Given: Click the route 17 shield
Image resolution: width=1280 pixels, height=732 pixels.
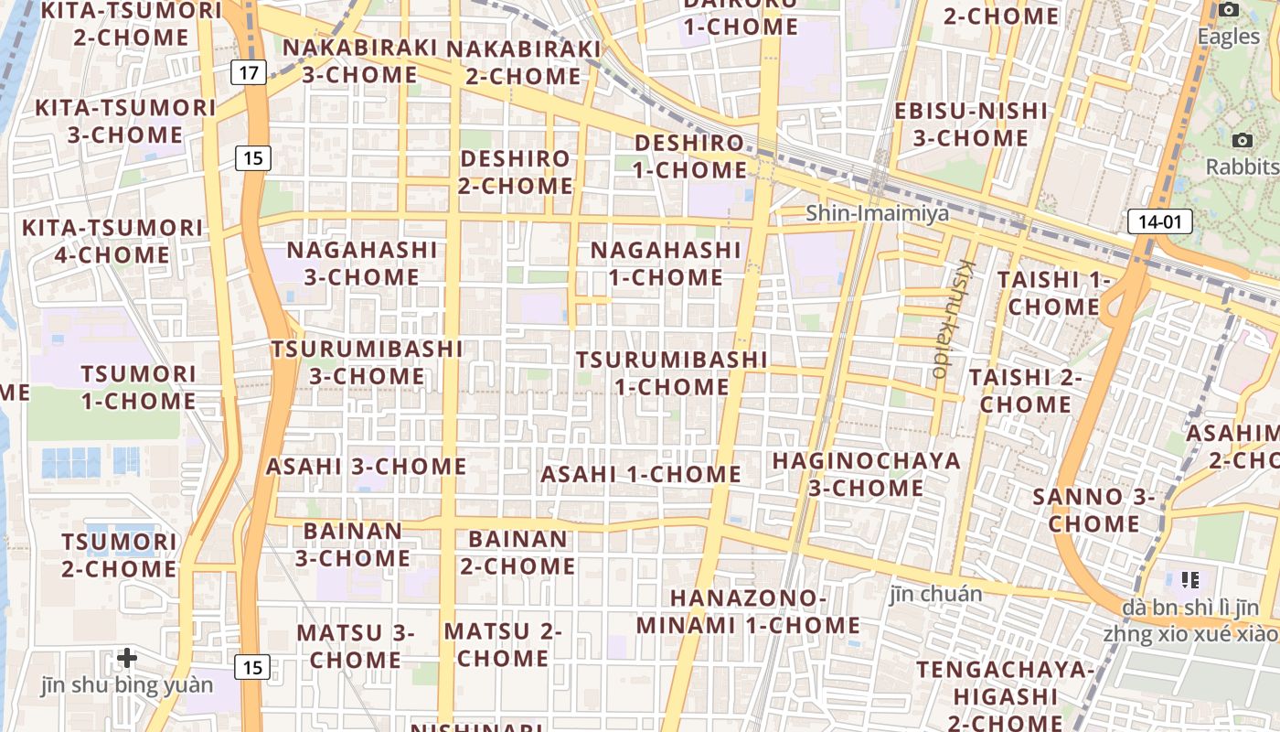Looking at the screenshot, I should click(x=248, y=71).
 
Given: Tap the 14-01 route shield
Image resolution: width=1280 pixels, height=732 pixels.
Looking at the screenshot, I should click(x=1160, y=221).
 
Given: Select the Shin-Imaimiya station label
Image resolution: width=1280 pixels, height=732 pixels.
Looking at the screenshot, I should click(x=877, y=213).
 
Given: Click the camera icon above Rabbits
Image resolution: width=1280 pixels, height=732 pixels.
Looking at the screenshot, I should click(x=1242, y=140).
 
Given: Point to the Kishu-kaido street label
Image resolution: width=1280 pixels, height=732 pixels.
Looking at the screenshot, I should click(x=953, y=320).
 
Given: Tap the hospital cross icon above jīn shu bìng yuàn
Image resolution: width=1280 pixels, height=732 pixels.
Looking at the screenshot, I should click(x=127, y=657).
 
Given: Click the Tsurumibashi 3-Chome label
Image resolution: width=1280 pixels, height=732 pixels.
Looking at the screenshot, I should click(x=367, y=362).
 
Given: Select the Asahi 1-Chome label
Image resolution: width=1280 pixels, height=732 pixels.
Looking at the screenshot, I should click(x=641, y=474).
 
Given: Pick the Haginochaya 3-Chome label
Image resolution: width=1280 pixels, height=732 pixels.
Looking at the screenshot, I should click(x=867, y=474).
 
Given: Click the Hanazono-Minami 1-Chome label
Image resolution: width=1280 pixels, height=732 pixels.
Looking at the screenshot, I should click(x=748, y=612).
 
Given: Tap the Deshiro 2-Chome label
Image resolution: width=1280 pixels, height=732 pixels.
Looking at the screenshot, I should click(x=517, y=172).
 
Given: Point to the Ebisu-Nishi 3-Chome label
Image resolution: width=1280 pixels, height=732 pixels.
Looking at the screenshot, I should click(x=971, y=124).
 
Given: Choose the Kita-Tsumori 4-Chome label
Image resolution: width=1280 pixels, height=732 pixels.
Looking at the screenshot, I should click(x=113, y=241).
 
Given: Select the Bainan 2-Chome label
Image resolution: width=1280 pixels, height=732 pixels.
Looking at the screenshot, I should click(x=517, y=553).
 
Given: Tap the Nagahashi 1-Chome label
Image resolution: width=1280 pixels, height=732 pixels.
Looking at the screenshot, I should click(x=666, y=263).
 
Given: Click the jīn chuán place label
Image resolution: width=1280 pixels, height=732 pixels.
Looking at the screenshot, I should click(x=935, y=594).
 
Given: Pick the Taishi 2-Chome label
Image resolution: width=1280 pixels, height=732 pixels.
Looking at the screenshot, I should click(x=1025, y=391).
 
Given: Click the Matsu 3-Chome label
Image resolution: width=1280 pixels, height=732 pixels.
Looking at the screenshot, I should click(x=356, y=646).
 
